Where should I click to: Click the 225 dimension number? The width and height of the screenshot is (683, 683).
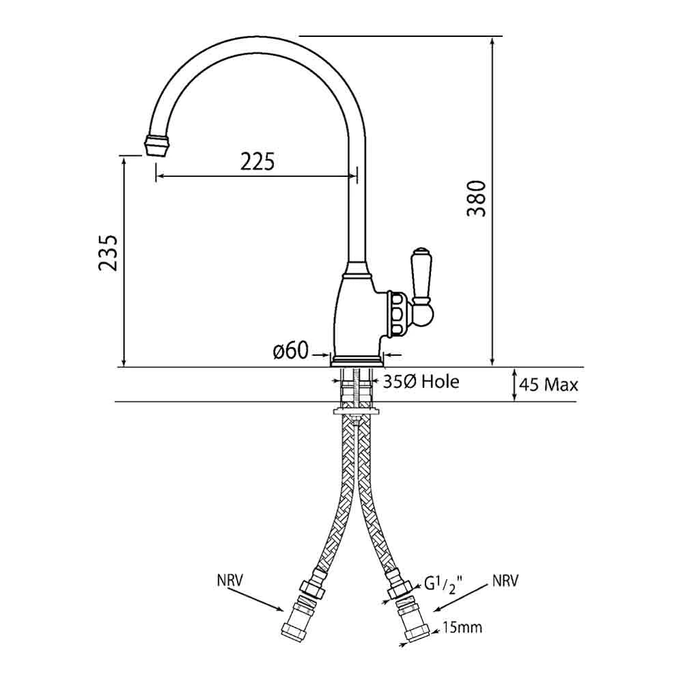coord(257,162)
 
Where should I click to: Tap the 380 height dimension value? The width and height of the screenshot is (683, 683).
coord(476,198)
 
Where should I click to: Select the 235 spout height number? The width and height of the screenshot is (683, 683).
coord(109,253)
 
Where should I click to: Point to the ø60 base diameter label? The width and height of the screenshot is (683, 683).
coord(290,352)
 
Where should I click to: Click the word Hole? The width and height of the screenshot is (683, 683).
coord(439,381)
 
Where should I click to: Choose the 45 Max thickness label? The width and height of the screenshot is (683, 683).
coord(548,385)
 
